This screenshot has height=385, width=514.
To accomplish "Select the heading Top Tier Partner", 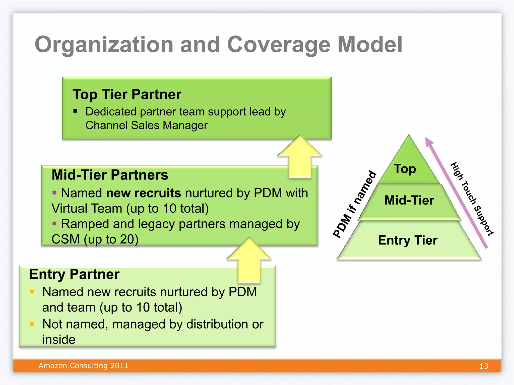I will click(127, 94).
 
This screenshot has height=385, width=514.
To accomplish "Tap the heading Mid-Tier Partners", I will click(110, 175).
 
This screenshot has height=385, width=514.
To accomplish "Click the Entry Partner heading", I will click(74, 274).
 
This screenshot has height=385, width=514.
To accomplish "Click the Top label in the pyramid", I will click(405, 169).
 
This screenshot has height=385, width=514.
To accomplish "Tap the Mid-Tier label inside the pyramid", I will click(409, 200).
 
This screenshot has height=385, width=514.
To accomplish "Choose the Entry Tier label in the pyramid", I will click(408, 240).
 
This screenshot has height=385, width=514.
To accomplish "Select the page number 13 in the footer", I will click(484, 366).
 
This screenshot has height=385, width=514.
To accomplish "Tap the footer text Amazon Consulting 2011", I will click(83, 366).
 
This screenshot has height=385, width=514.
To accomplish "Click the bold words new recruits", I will click(143, 193).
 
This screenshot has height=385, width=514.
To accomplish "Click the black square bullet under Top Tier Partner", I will click(75, 111).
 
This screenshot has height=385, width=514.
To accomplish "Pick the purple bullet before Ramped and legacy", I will click(54, 223).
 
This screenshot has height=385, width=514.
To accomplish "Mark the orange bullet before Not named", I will click(32, 324).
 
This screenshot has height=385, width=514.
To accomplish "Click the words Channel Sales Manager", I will click(147, 125).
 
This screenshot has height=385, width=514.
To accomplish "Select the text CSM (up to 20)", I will click(95, 239).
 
